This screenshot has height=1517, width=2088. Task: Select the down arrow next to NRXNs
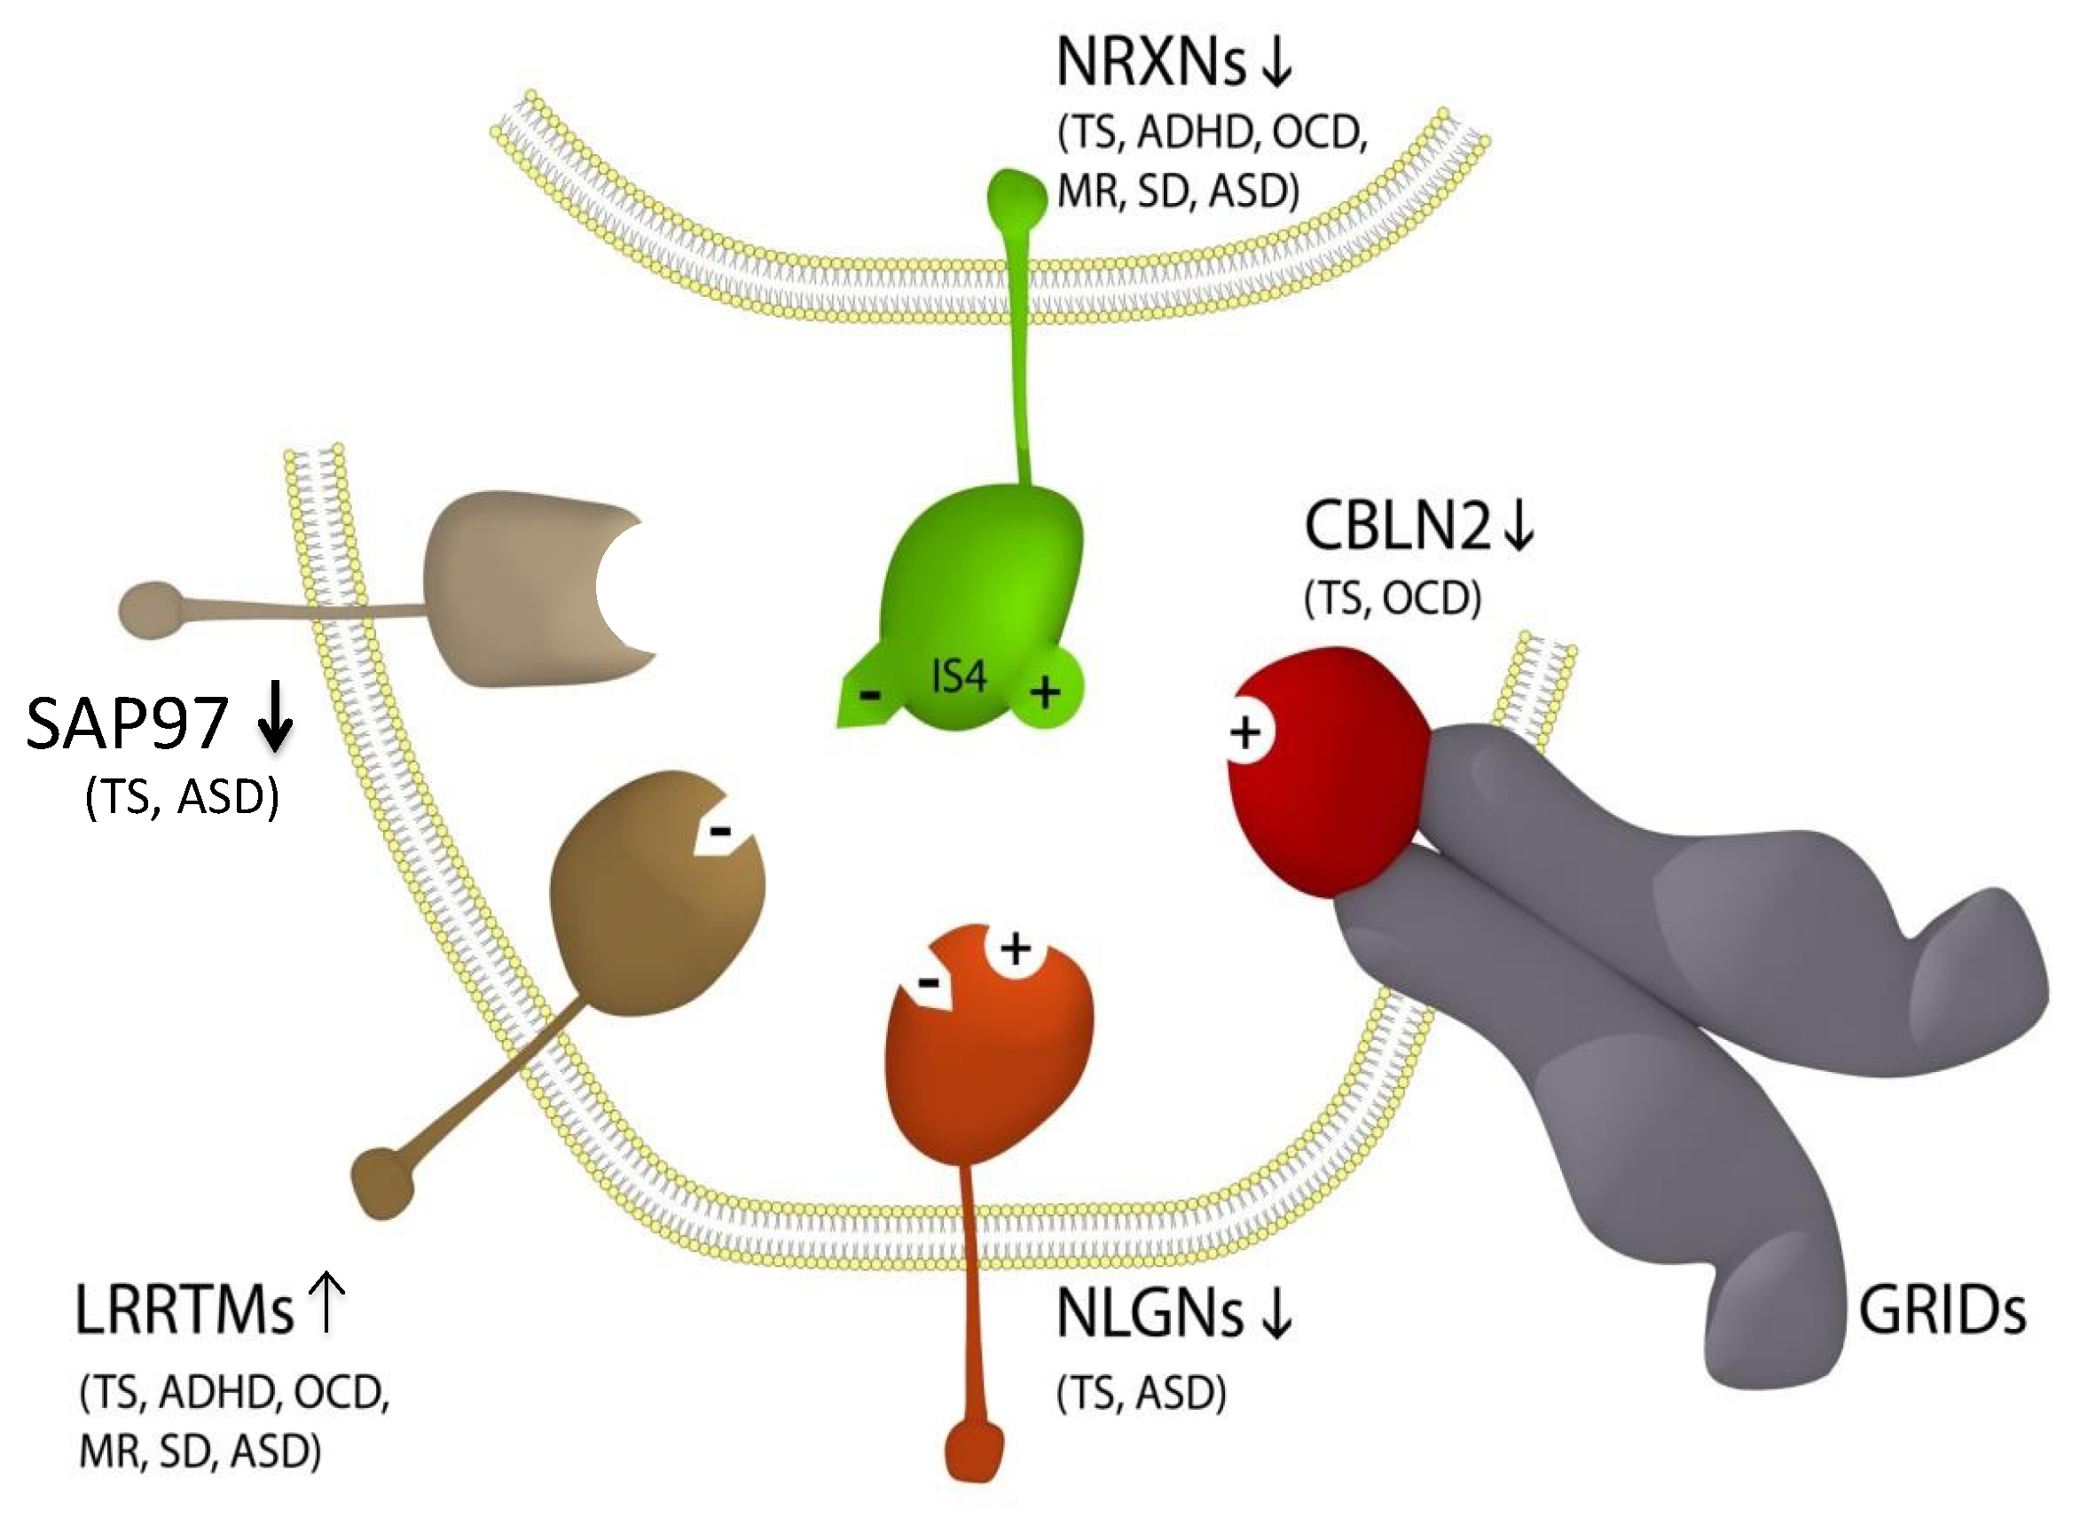click(x=1276, y=63)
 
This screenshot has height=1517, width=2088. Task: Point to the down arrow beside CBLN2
click(x=1519, y=526)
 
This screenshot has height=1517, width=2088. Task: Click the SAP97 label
click(x=127, y=723)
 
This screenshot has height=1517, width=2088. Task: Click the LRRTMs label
click(x=184, y=1310)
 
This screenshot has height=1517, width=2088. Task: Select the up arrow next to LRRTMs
click(x=326, y=1302)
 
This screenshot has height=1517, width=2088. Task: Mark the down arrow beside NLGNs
click(x=1276, y=1314)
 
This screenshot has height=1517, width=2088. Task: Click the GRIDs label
click(x=1942, y=1310)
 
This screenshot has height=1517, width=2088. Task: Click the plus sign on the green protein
click(x=1045, y=692)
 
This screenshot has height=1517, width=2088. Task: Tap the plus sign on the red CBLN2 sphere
click(x=1245, y=733)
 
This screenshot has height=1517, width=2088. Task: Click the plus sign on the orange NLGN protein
click(x=1016, y=949)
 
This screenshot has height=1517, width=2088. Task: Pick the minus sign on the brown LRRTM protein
click(x=720, y=832)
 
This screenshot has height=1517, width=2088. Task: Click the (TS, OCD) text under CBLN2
click(x=1392, y=598)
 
